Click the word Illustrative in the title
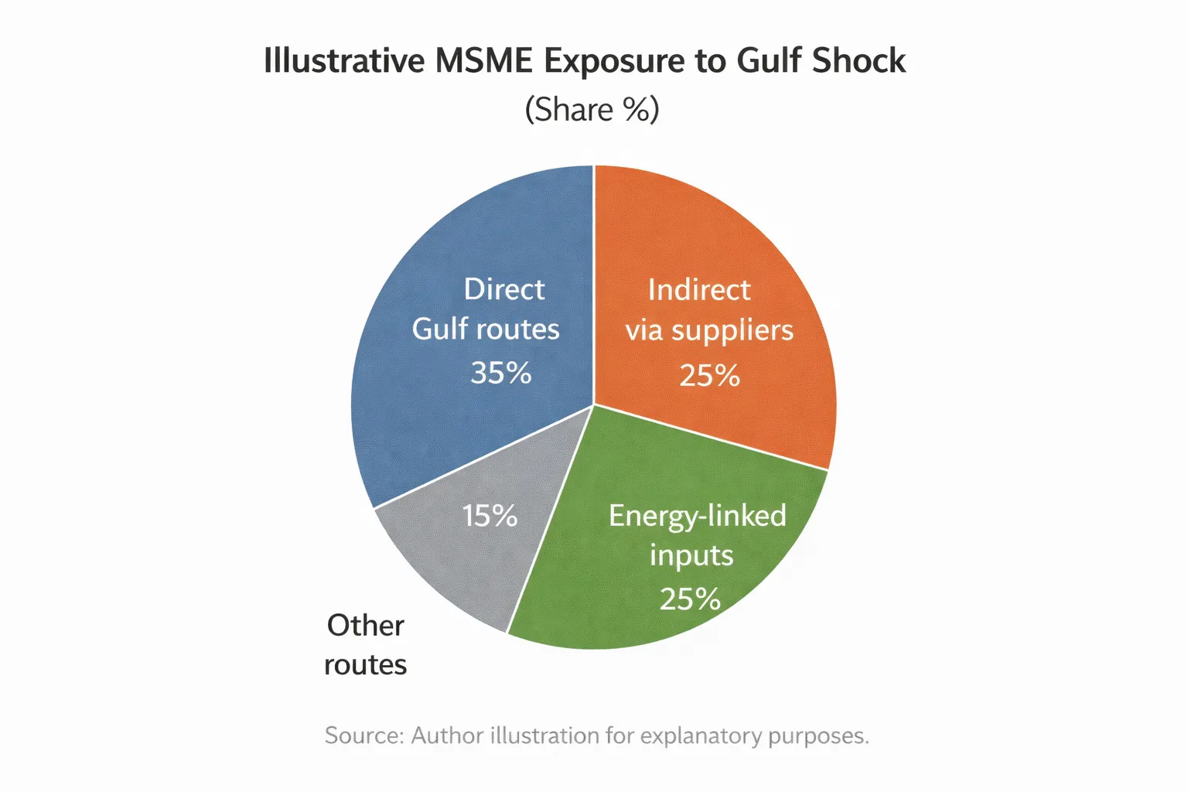[x=343, y=61]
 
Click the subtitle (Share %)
[x=592, y=110]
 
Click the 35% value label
[x=501, y=373]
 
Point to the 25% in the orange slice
[x=709, y=376]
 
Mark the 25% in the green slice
[x=690, y=599]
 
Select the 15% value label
[x=490, y=516]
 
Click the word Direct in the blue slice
[x=504, y=289]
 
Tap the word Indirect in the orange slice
[x=699, y=290]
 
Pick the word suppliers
[x=732, y=331]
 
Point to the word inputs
[x=691, y=556]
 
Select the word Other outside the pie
[x=365, y=625]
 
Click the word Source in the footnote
[x=363, y=735]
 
